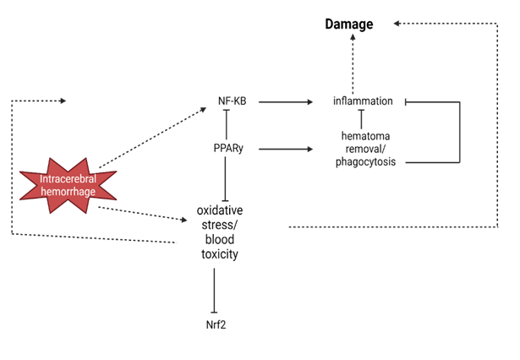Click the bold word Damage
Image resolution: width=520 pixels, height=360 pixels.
point(349,25)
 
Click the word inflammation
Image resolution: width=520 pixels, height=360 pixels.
point(363,101)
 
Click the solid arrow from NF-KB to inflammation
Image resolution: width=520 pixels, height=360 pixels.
point(283,101)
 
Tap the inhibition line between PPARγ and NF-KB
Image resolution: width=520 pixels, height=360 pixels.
point(226,125)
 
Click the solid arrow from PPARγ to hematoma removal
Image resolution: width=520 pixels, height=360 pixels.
point(283,149)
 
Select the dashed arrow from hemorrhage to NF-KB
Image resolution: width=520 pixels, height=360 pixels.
point(152,138)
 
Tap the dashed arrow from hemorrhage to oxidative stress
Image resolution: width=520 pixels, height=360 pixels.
point(142,214)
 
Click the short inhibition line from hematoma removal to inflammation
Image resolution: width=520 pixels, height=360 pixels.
point(363,118)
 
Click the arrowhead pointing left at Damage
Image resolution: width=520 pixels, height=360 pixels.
point(397,25)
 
